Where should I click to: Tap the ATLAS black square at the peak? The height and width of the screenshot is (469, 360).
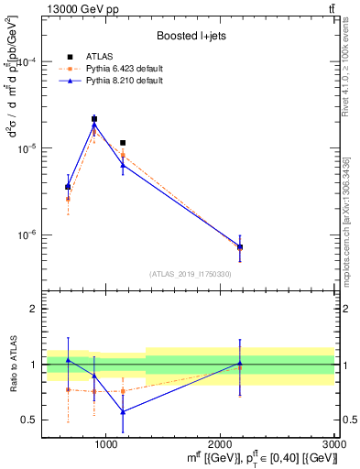tap(94, 119)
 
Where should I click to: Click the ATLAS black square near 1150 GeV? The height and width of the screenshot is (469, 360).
tap(123, 143)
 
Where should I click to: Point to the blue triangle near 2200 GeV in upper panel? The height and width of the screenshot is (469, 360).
tap(240, 247)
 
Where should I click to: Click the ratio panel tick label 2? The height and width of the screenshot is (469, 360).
tap(32, 310)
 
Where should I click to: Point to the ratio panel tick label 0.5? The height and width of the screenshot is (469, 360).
tap(28, 420)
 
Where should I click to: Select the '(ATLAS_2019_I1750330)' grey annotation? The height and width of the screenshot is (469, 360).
tap(191, 274)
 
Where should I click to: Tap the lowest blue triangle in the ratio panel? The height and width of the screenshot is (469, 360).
tap(123, 411)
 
